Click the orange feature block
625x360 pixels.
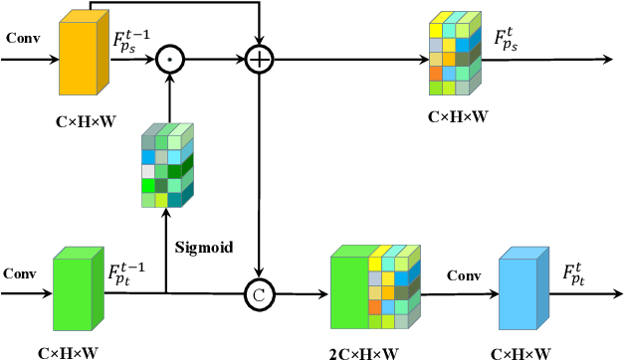click(x=83, y=59)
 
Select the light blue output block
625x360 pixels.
click(x=521, y=289)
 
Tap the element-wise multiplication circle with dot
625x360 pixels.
click(x=170, y=61)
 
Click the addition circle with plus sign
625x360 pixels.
click(x=259, y=61)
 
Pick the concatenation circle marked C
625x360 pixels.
click(x=259, y=294)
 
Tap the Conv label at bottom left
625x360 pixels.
click(x=20, y=272)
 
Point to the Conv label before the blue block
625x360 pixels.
click(x=464, y=274)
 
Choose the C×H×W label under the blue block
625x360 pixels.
click(x=521, y=351)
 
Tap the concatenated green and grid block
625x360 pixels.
click(x=370, y=288)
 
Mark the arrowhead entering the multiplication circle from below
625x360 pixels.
click(x=170, y=79)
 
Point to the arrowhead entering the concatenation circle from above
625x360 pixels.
click(x=259, y=277)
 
